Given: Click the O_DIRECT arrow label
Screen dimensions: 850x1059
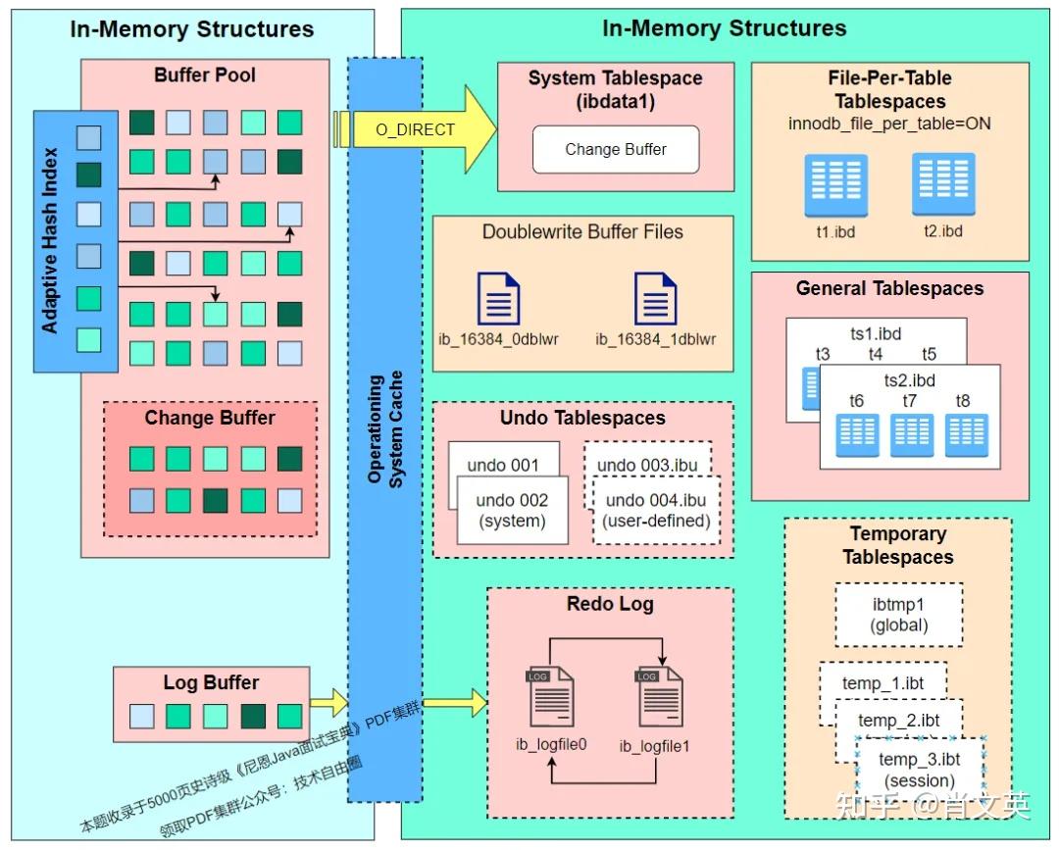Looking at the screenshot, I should pyautogui.click(x=416, y=129).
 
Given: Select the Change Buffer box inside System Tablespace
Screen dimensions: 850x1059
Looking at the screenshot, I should pyautogui.click(x=616, y=149).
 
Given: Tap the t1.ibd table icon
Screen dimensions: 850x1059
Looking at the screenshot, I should pyautogui.click(x=835, y=184).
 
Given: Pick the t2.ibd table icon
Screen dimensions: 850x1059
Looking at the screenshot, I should pyautogui.click(x=943, y=182).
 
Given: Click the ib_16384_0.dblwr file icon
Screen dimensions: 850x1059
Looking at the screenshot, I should pyautogui.click(x=498, y=298).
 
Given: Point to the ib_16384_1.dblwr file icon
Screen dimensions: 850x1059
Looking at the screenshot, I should pyautogui.click(x=655, y=298).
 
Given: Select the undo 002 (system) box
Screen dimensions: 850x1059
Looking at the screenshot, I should pyautogui.click(x=512, y=510).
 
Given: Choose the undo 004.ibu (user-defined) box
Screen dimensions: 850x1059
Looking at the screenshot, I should pyautogui.click(x=657, y=510).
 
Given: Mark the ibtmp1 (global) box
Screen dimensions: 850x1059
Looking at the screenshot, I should pyautogui.click(x=898, y=615).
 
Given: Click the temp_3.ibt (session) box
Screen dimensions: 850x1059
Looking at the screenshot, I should pyautogui.click(x=919, y=770).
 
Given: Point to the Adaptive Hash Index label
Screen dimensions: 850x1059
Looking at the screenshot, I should pyautogui.click(x=51, y=240).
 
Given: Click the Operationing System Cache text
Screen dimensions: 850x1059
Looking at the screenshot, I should pyautogui.click(x=383, y=429).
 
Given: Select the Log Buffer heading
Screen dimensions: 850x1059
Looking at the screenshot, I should pyautogui.click(x=211, y=682).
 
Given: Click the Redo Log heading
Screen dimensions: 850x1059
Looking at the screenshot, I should pyautogui.click(x=610, y=604).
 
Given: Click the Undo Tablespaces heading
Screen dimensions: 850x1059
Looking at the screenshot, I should pyautogui.click(x=582, y=418).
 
